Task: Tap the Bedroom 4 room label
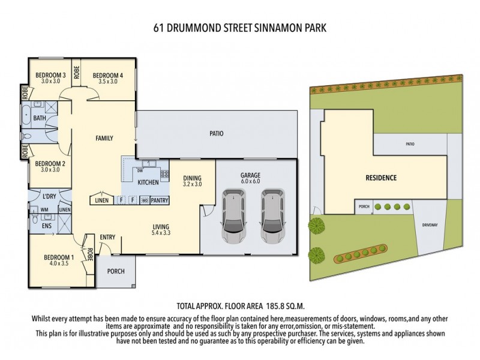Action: (x=108, y=75)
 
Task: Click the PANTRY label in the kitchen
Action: (x=160, y=200)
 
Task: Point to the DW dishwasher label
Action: (x=139, y=170)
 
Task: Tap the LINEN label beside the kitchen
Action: (x=102, y=200)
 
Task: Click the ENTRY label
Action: (x=108, y=237)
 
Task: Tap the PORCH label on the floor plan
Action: (x=116, y=271)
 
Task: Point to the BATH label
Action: (x=40, y=118)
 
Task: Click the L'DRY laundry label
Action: (x=49, y=196)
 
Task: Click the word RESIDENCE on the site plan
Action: (x=382, y=178)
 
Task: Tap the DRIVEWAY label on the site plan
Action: (x=430, y=225)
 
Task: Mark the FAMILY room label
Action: (x=104, y=138)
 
